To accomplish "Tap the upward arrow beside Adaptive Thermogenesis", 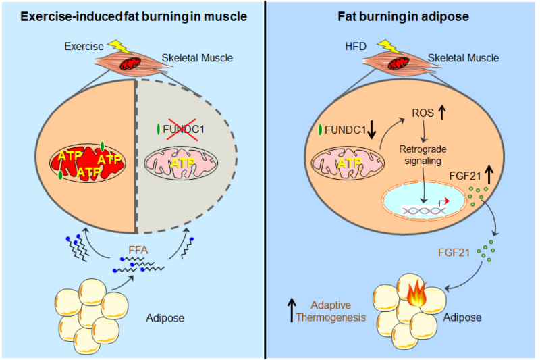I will pyautogui.click(x=291, y=311).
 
